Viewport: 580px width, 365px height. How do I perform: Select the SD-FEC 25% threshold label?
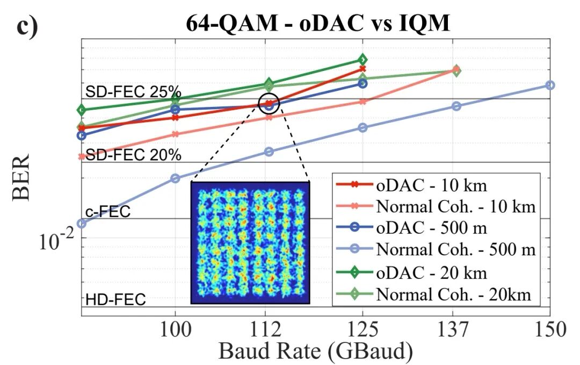133,92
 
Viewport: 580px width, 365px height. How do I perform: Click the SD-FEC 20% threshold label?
133,155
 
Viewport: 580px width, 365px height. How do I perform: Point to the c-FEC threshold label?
107,212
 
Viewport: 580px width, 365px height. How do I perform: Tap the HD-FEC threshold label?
115,299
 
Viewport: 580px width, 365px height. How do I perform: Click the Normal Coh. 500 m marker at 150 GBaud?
550,85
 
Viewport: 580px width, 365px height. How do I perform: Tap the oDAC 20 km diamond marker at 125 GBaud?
363,59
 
